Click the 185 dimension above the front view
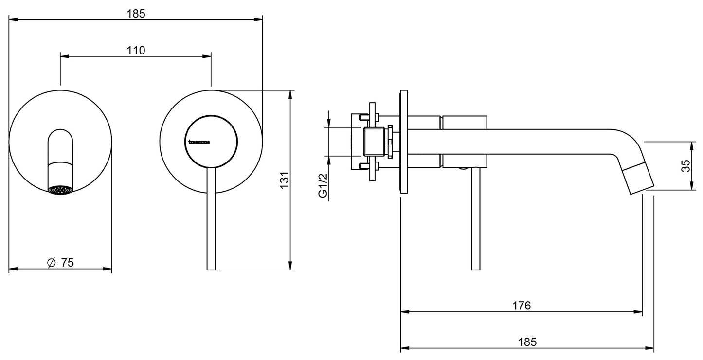[x=137, y=13]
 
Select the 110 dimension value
[x=137, y=50]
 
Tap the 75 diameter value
[x=67, y=263]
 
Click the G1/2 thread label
[x=322, y=186]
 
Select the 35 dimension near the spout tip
[x=686, y=166]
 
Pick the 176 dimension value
[x=522, y=306]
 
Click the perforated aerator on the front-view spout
[x=60, y=190]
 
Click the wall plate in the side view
[x=403, y=142]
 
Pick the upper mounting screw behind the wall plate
[x=362, y=117]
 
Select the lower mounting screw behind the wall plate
[x=362, y=167]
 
